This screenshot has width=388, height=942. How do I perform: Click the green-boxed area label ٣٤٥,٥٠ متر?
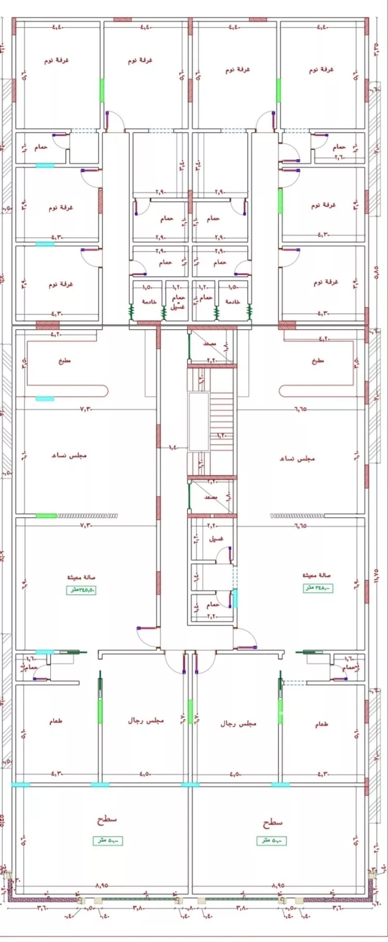[81, 590]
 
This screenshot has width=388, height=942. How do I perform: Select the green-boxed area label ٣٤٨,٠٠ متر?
[317, 588]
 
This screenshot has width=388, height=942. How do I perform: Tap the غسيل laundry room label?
[216, 538]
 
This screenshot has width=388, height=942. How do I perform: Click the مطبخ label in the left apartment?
[65, 361]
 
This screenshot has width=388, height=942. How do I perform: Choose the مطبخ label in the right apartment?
[318, 361]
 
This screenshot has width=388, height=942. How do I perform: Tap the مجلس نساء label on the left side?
[69, 455]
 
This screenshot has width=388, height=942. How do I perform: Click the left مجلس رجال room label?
[145, 720]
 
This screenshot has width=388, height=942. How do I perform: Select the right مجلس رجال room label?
[238, 724]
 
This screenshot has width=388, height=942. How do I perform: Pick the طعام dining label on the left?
[56, 721]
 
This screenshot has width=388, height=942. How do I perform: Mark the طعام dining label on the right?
[322, 724]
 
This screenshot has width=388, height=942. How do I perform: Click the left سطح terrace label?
[107, 820]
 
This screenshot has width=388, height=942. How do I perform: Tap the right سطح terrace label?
[272, 822]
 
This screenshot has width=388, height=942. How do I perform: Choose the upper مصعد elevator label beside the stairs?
[210, 344]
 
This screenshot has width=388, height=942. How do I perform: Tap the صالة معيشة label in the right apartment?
[317, 575]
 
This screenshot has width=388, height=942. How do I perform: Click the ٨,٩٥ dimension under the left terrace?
[101, 886]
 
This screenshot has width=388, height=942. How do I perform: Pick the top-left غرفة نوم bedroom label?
[56, 60]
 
